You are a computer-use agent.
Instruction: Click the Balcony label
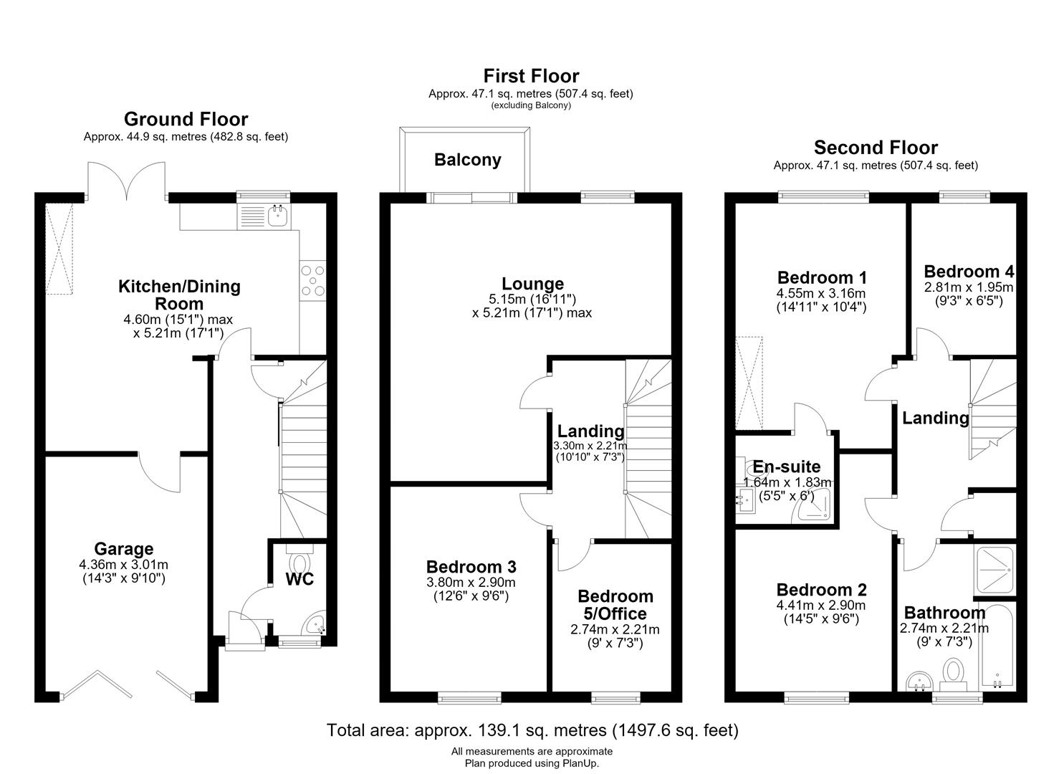(467, 160)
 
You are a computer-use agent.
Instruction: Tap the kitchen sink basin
(278, 216)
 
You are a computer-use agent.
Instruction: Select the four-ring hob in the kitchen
(312, 281)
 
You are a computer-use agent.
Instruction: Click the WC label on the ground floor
(299, 579)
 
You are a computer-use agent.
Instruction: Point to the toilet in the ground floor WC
(299, 560)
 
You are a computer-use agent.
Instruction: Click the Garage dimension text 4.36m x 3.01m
(123, 565)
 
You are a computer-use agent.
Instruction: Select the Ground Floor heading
(186, 119)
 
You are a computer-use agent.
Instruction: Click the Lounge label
(532, 284)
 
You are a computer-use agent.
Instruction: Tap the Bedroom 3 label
(471, 567)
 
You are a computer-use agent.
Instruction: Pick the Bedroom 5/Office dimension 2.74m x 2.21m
(615, 629)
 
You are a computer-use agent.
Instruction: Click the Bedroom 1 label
(822, 277)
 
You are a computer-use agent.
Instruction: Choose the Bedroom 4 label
(969, 272)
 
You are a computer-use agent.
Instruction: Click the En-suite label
(787, 467)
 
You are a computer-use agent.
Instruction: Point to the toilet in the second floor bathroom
(954, 674)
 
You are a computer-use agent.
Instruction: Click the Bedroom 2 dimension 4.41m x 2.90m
(821, 606)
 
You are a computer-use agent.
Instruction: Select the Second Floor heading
(876, 148)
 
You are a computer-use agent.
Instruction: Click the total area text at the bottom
(532, 730)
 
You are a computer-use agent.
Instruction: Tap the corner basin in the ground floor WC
(316, 623)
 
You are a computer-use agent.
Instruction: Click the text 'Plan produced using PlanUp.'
(532, 763)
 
